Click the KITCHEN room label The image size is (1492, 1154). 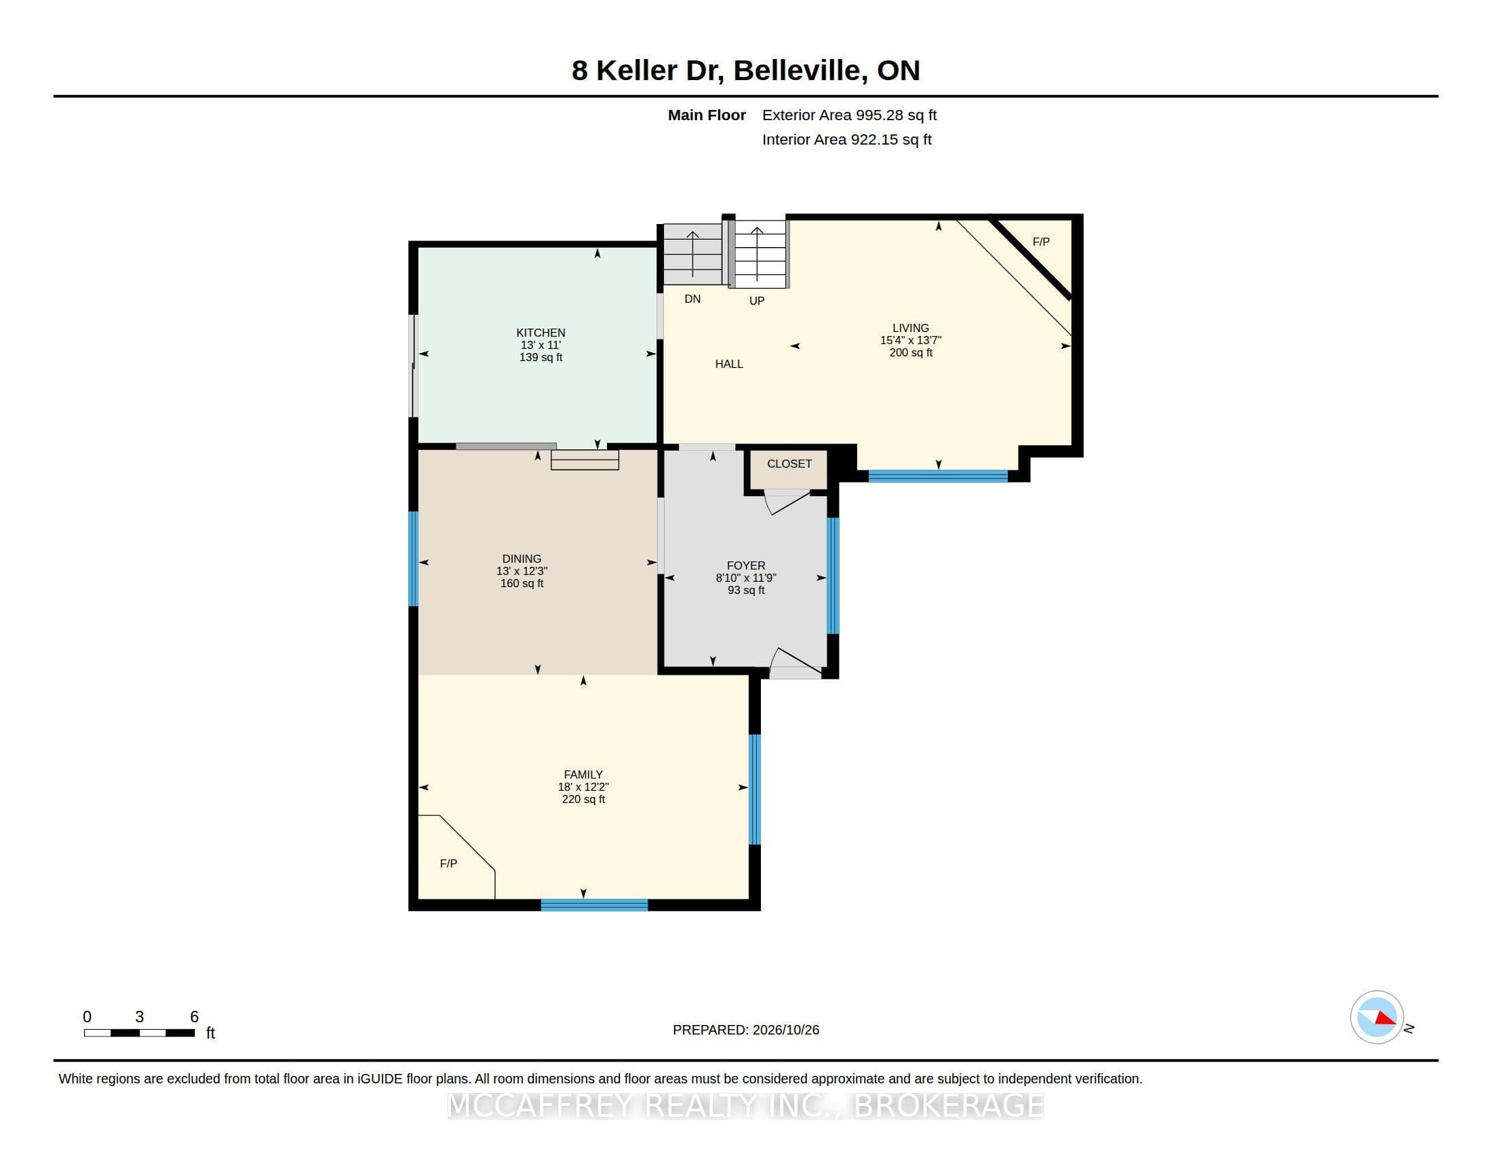(x=541, y=333)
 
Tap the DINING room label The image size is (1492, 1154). (x=522, y=559)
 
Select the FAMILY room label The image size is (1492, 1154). (x=583, y=775)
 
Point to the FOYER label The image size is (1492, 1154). (x=746, y=565)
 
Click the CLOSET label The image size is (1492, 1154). (x=789, y=464)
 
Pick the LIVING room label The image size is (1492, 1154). (x=911, y=327)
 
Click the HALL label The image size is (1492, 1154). (x=729, y=364)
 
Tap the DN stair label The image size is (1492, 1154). (x=692, y=299)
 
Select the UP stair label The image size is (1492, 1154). (x=757, y=301)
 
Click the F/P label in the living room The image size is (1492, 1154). (x=1041, y=242)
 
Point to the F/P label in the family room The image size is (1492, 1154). (x=448, y=863)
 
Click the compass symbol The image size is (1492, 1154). (x=1377, y=1018)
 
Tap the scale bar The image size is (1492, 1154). (x=139, y=1032)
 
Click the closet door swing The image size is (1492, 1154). (x=787, y=502)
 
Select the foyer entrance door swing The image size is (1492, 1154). (x=796, y=662)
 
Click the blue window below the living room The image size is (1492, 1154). (x=938, y=476)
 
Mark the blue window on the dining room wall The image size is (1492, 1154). (x=413, y=559)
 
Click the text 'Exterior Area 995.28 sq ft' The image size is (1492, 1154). (x=849, y=115)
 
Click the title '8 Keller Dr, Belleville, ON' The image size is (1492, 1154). (x=746, y=71)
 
